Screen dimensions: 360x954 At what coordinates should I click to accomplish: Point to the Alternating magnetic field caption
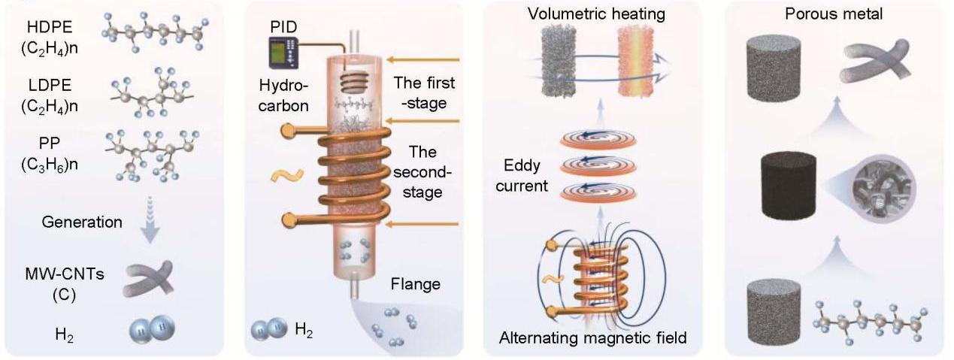pyautogui.click(x=592, y=338)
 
